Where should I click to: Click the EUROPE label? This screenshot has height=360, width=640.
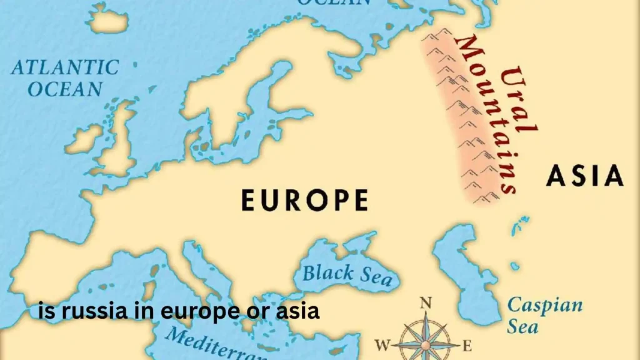click(304, 201)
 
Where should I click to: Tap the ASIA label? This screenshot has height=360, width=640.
click(584, 176)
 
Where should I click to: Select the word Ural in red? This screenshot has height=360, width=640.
click(519, 100)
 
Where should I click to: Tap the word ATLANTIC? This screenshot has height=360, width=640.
click(65, 67)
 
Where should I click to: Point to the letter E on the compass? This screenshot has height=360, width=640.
click(466, 345)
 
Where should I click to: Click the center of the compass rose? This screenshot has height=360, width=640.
click(425, 344)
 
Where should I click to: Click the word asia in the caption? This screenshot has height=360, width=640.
click(299, 311)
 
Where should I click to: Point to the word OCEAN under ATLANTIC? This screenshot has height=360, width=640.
click(65, 89)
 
